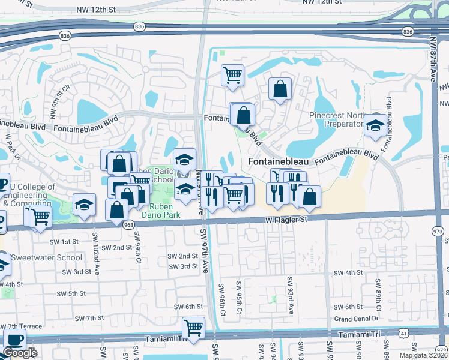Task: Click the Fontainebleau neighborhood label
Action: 278,162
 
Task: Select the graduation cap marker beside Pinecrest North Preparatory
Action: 376,125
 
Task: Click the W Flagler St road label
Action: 286,220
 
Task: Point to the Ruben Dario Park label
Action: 160,209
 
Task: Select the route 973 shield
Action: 437,230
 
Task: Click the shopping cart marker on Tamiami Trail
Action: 193,328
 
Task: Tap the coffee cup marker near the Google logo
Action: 14,340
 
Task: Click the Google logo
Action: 20,353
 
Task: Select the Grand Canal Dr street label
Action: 357,319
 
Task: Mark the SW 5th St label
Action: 71,293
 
